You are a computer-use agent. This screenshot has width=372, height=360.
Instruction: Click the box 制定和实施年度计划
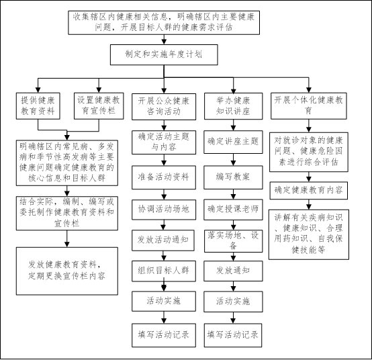[x=164, y=54]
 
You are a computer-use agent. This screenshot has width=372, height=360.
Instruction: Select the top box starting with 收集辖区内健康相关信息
[x=164, y=23]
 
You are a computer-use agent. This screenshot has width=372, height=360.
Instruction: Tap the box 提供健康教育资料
[x=38, y=106]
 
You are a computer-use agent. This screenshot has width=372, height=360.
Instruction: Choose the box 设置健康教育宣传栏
[x=99, y=106]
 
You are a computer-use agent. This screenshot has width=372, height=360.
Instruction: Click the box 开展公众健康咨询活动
[x=164, y=107]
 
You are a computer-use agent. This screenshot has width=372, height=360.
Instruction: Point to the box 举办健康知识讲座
[x=234, y=106]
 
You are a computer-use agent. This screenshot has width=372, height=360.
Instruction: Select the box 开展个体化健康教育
[x=309, y=106]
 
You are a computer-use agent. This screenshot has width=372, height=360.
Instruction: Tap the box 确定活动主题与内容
[x=164, y=142]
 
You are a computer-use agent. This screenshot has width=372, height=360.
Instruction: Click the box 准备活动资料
[x=164, y=177]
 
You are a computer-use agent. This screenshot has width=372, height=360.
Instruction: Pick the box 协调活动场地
[x=164, y=210]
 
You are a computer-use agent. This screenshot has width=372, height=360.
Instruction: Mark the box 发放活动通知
[x=163, y=240]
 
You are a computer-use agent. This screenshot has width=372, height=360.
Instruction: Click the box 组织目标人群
[x=164, y=271]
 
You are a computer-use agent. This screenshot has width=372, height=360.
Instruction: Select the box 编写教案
[x=233, y=177]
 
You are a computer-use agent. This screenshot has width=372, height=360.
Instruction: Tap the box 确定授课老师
[x=233, y=210]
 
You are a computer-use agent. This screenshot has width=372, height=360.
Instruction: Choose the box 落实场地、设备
[x=234, y=241]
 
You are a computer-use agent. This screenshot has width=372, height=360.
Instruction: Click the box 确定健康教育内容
[x=309, y=190]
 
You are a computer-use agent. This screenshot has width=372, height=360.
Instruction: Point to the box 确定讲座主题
[x=233, y=142]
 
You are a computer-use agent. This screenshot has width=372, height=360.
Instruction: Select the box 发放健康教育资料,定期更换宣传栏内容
[x=67, y=271]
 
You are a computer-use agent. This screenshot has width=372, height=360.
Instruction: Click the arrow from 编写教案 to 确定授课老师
[x=233, y=194]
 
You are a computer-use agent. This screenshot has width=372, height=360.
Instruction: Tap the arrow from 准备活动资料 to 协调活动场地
[x=164, y=194]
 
